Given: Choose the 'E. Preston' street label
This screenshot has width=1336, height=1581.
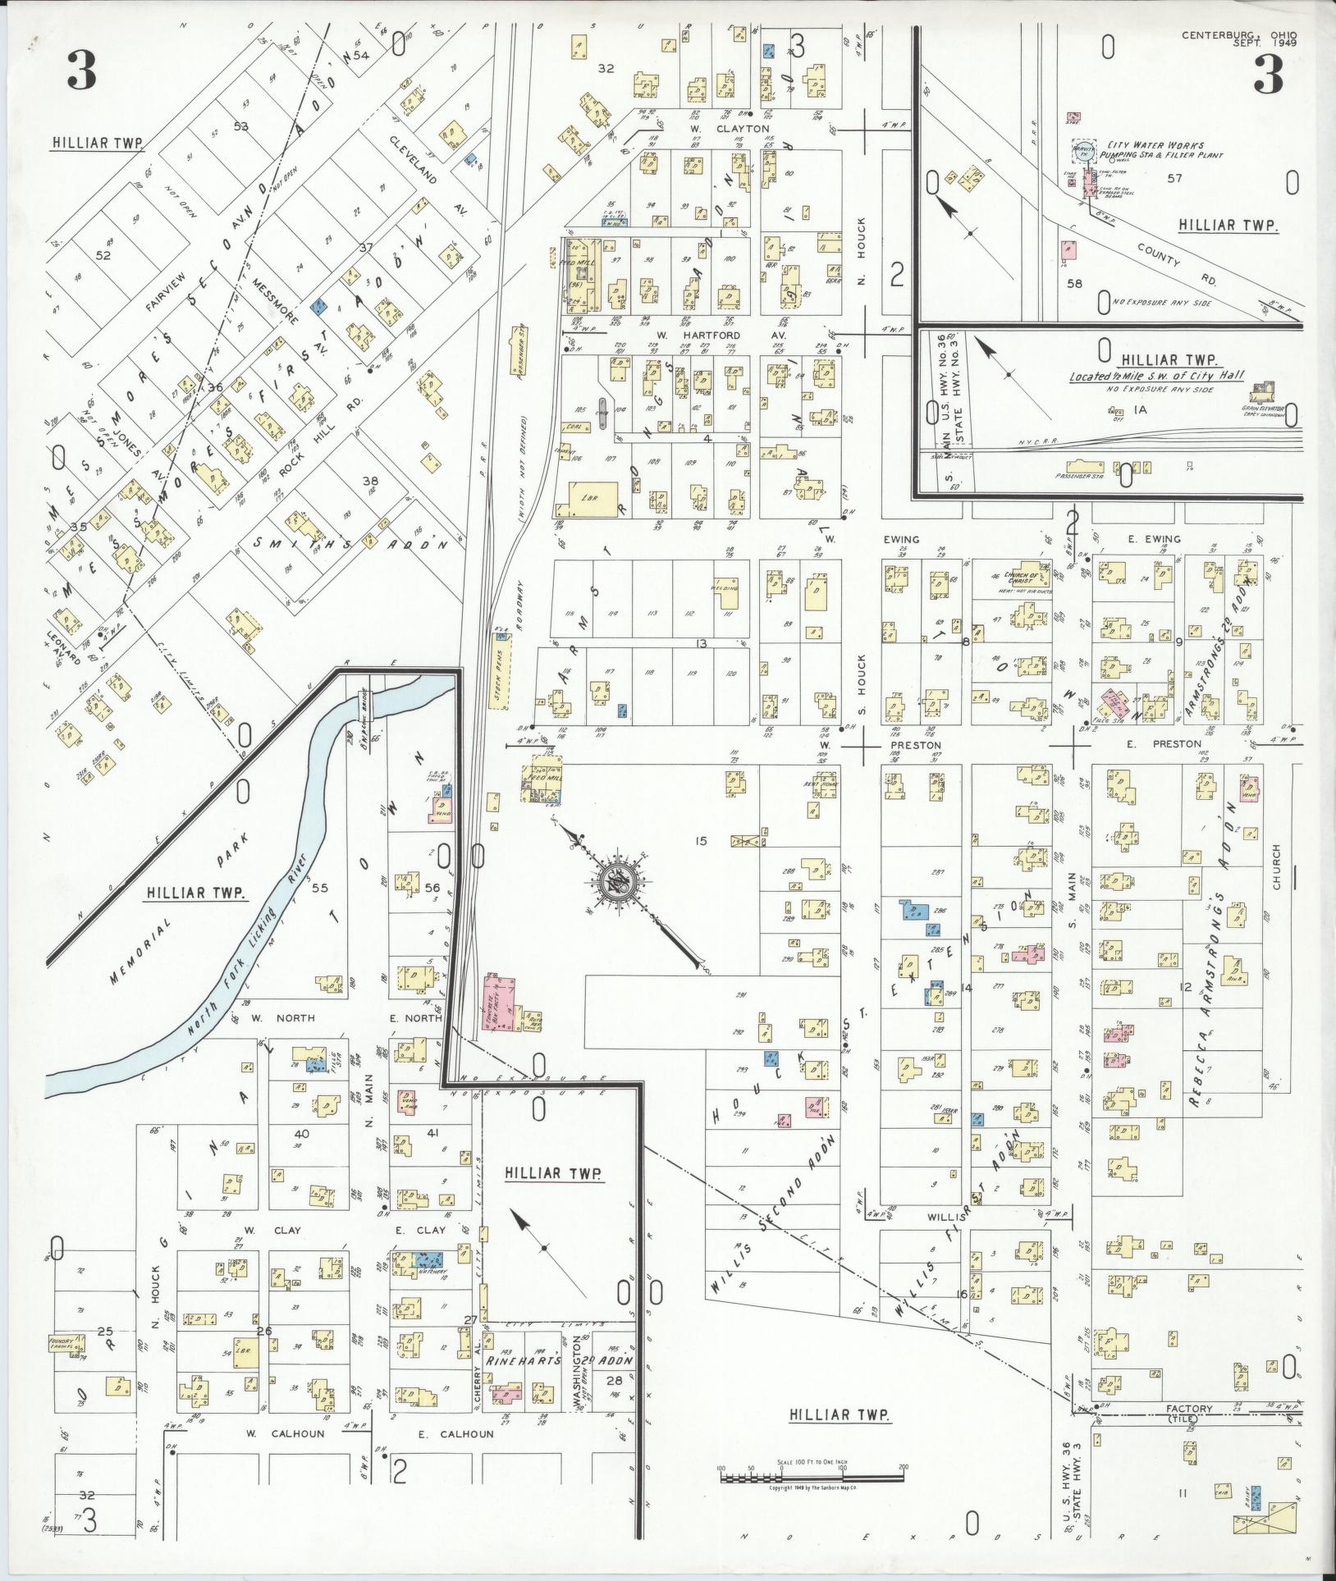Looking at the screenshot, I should pos(1176,744).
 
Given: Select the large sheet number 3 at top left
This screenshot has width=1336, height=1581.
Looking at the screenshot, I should pos(82,72).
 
